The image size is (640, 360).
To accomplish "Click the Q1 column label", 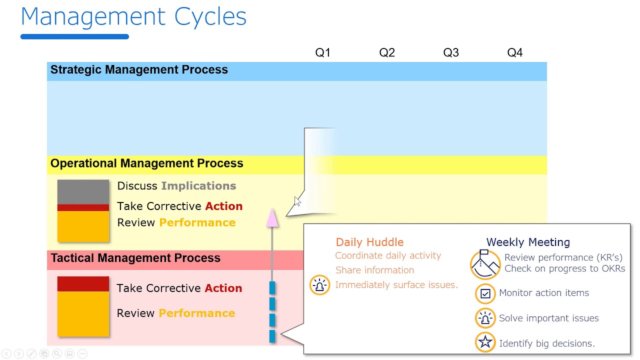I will [x=322, y=52].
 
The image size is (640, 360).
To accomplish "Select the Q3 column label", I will [x=451, y=52].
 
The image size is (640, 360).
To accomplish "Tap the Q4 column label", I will [x=515, y=52].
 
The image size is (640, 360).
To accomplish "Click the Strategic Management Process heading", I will [x=139, y=70].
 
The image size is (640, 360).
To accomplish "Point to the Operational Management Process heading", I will [x=146, y=163].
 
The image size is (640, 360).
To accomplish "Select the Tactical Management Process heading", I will [x=135, y=258].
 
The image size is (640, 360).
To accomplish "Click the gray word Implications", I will [x=198, y=186].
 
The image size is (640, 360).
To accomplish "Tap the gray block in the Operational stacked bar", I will [x=83, y=192].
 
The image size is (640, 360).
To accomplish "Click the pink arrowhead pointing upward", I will [x=272, y=218].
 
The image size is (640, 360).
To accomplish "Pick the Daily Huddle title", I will [x=369, y=242].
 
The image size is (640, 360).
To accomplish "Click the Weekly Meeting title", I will [x=528, y=242].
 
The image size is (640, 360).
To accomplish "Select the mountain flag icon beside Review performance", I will [x=485, y=264].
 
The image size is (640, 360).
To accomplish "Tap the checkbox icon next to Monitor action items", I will [x=485, y=293].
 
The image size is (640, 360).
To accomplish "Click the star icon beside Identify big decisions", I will [x=485, y=342].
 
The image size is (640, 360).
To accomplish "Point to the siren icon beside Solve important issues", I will [x=485, y=318].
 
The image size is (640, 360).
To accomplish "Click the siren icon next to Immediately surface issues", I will [x=319, y=285].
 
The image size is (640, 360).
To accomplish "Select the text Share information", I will [x=374, y=270].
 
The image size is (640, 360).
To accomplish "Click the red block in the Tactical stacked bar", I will [x=83, y=284].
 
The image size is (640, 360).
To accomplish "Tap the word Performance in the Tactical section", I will [x=196, y=313].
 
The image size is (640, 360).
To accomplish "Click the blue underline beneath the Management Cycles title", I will [x=74, y=36].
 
